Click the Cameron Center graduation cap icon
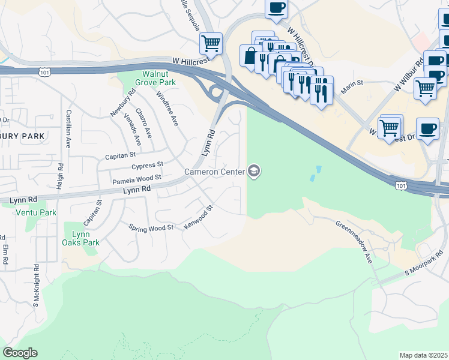[x=254, y=172]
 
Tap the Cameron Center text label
[x=215, y=172]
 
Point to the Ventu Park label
[x=36, y=212]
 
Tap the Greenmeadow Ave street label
[x=354, y=242]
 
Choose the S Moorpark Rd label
[x=423, y=263]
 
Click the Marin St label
[x=352, y=83]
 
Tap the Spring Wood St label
[x=151, y=227]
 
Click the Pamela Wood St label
[x=137, y=178]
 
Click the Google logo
[x=20, y=353]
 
